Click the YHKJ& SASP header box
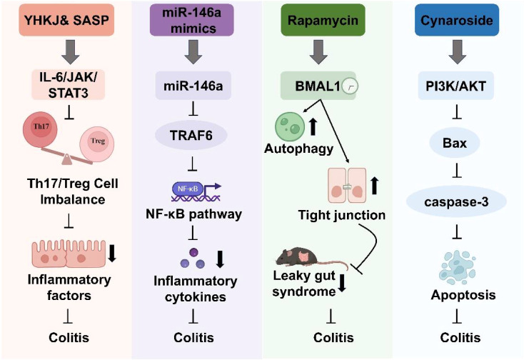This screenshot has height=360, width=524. point(66,20)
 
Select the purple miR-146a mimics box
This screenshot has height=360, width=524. point(191,20)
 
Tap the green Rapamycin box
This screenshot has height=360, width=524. point(323,20)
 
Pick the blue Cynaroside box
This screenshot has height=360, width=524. point(456,20)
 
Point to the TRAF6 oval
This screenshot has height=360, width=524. point(191,136)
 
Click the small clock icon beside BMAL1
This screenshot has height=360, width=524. point(350,86)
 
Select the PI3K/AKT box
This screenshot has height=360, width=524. point(456,86)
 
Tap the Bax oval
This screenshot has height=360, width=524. point(455,143)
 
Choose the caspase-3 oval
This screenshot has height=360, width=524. point(456,201)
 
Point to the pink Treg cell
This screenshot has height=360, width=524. point(97,144)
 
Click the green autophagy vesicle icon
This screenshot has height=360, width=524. point(290,127)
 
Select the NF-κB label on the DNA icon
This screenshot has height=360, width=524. point(188,189)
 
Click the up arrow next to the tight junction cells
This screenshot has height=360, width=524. point(374,186)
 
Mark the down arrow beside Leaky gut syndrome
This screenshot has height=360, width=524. point(342,283)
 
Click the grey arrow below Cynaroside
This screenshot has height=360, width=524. point(457,52)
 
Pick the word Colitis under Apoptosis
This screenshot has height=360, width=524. point(460,337)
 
